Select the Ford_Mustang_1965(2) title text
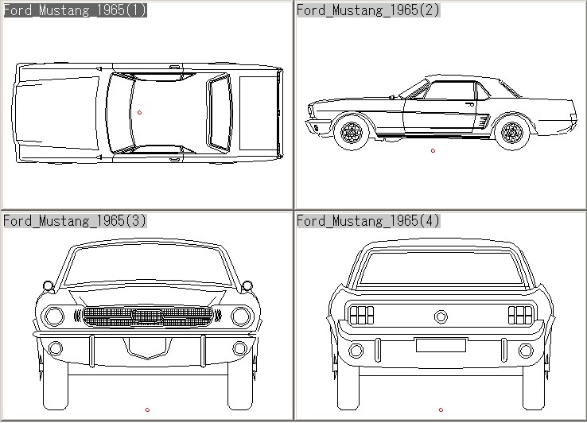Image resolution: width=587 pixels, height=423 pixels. click(368, 10)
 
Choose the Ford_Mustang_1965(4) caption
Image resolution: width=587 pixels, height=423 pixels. click(368, 220)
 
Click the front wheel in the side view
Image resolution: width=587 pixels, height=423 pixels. click(350, 132)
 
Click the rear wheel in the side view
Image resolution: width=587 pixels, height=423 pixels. click(512, 132)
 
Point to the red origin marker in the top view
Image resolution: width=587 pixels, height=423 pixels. click(140, 112)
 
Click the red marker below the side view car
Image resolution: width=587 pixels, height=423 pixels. click(433, 150)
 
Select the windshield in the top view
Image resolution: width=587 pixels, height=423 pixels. click(119, 112)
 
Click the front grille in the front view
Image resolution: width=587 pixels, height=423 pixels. click(148, 316)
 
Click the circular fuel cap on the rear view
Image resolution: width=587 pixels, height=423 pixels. click(441, 316)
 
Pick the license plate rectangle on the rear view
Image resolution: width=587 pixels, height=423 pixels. click(441, 345)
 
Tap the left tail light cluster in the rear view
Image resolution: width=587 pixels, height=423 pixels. click(361, 315)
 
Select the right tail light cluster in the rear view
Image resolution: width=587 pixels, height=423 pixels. click(520, 315)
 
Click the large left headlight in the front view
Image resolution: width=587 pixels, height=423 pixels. click(54, 316)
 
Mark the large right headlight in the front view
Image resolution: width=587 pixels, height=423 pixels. click(241, 316)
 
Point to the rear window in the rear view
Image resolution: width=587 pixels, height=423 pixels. click(441, 267)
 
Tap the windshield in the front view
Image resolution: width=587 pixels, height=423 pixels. click(148, 267)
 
